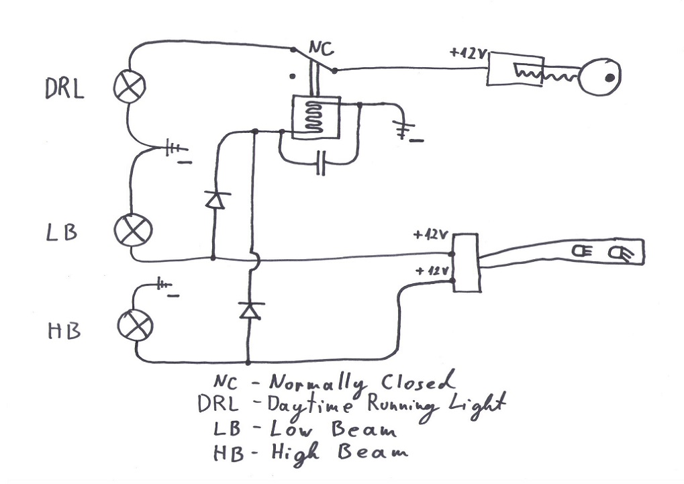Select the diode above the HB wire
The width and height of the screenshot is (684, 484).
pos(249,310)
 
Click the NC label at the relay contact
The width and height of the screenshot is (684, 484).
pos(320,48)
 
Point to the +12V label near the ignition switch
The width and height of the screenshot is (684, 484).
pos(467,53)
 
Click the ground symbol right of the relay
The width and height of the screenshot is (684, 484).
pos(405,133)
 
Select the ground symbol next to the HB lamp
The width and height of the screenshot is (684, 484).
pos(166,287)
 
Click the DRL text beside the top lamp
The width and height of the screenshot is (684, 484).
pos(64,89)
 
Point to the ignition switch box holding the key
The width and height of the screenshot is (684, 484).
pos(514,70)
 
